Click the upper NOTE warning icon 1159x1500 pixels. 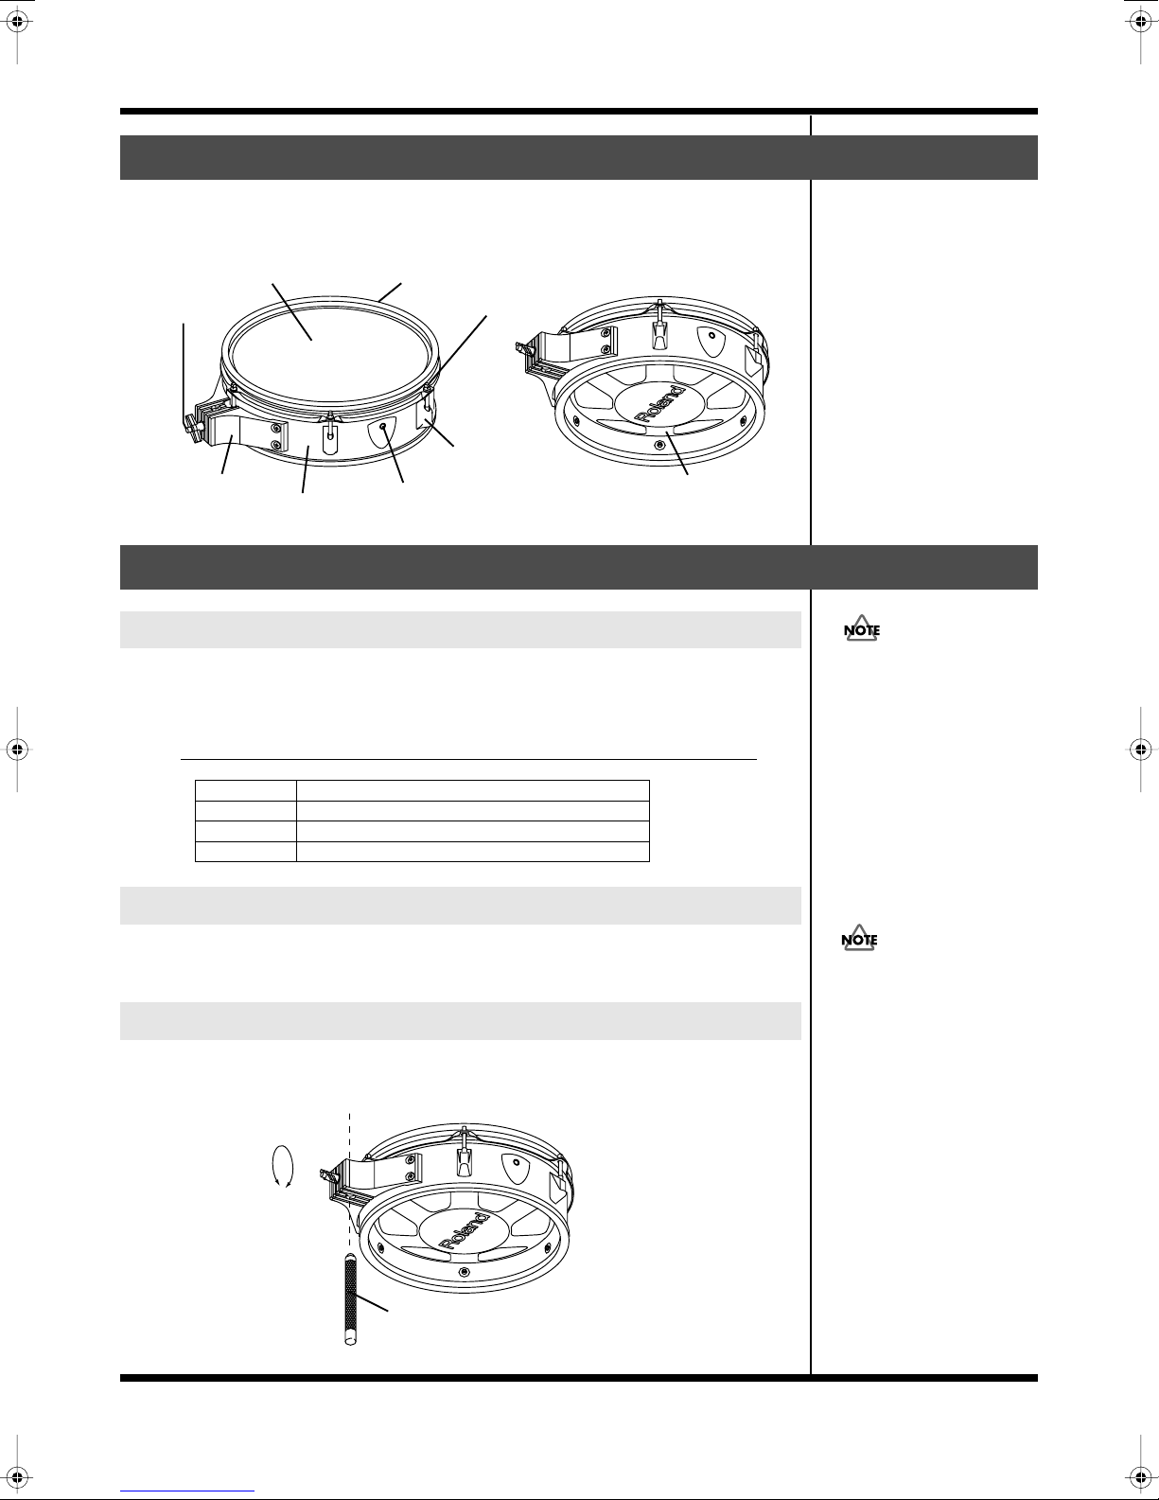[x=862, y=628]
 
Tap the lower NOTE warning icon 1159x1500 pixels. [x=860, y=938]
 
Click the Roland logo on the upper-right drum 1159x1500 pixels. [x=661, y=403]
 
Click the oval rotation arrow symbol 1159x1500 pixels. [x=283, y=1167]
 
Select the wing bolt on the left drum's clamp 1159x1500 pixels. [x=190, y=428]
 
